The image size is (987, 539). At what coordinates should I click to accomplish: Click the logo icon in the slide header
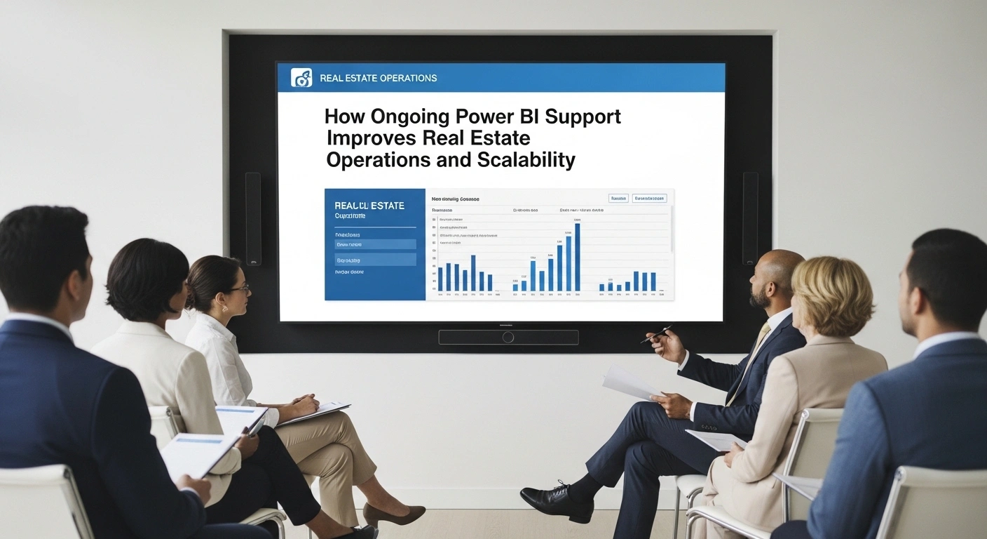[301, 78]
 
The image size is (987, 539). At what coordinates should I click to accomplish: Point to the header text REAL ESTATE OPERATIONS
[378, 78]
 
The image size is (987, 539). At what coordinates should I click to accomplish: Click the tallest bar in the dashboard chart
[577, 257]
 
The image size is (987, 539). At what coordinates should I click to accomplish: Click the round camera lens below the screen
[508, 338]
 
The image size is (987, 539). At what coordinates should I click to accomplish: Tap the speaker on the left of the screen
[253, 218]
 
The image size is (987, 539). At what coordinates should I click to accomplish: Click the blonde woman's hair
[835, 288]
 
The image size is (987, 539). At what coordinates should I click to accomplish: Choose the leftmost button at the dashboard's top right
[618, 199]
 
